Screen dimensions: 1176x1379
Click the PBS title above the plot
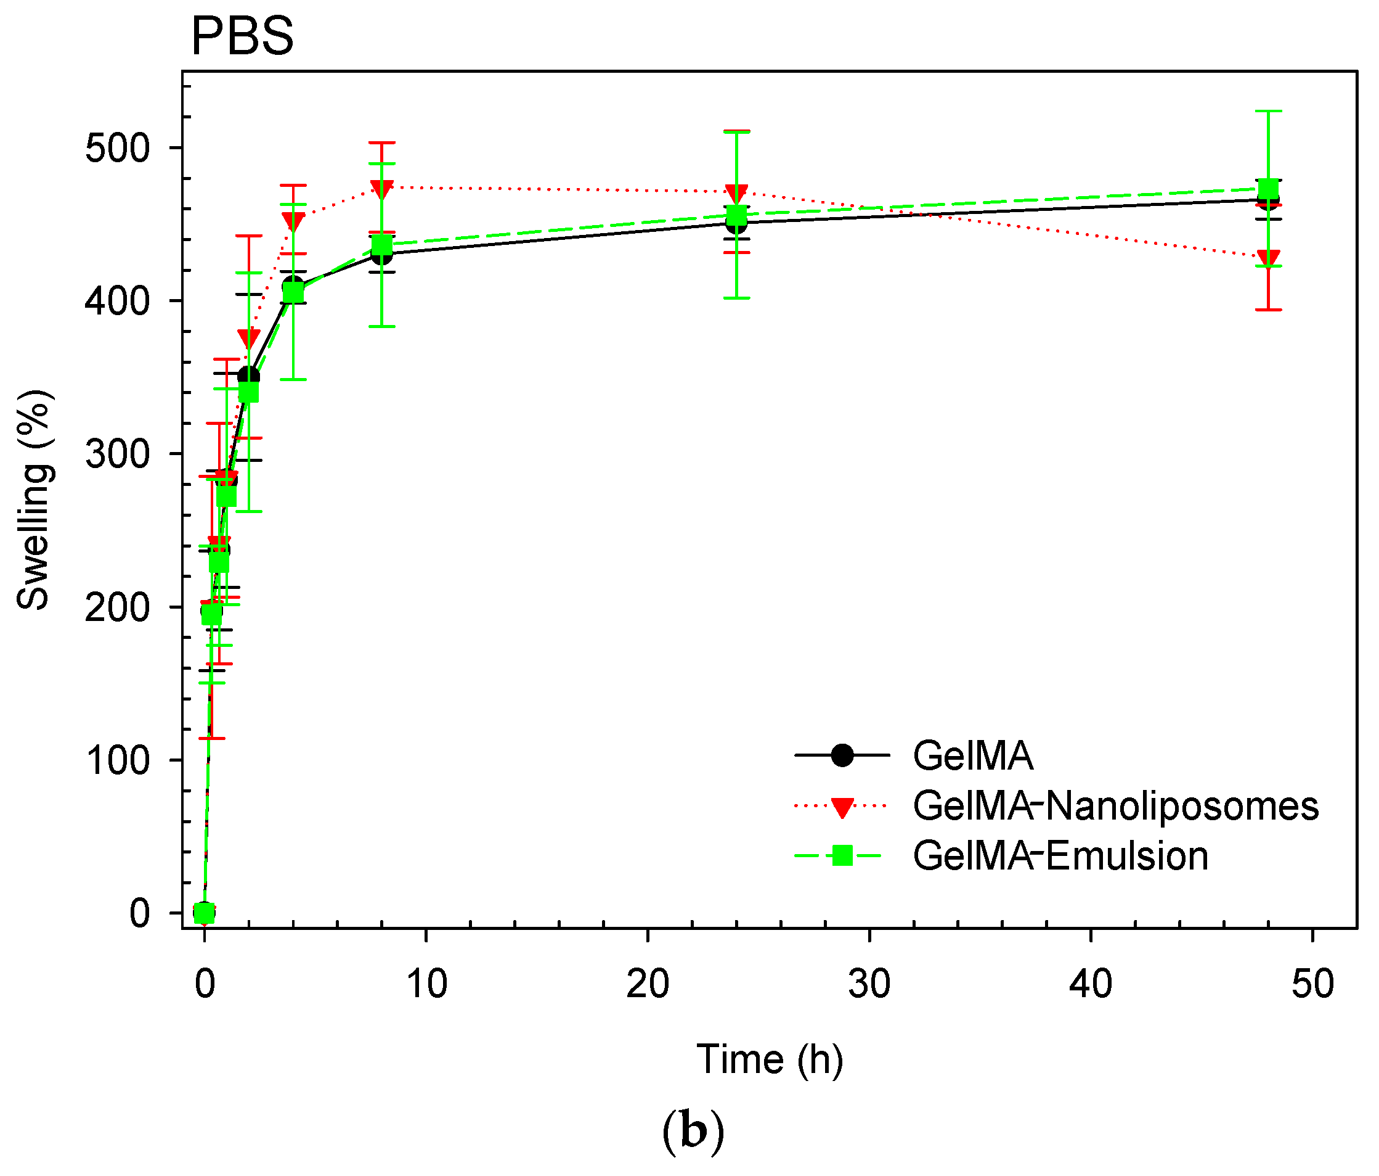pyautogui.click(x=242, y=36)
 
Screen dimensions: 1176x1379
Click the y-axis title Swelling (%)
pyautogui.click(x=33, y=500)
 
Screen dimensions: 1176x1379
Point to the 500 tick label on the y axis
pyautogui.click(x=117, y=148)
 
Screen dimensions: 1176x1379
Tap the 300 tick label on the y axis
pyautogui.click(x=117, y=454)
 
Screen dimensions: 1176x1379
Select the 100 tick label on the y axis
pyautogui.click(x=117, y=760)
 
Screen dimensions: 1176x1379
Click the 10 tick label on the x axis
pyautogui.click(x=426, y=984)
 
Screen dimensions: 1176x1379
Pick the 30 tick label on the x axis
pyautogui.click(x=869, y=984)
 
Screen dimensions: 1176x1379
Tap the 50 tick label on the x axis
pyautogui.click(x=1312, y=984)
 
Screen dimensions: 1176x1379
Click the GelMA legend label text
pyautogui.click(x=973, y=755)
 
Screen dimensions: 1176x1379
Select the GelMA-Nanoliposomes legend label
pyautogui.click(x=1115, y=806)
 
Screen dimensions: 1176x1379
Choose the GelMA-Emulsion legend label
pyautogui.click(x=1060, y=856)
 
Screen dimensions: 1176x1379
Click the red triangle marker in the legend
pyautogui.click(x=842, y=807)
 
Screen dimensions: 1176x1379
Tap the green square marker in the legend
pyautogui.click(x=842, y=856)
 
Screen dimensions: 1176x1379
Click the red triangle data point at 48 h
pyautogui.click(x=1268, y=258)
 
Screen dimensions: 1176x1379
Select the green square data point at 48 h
pyautogui.click(x=1268, y=189)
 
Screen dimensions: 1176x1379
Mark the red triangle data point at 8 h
pyautogui.click(x=381, y=189)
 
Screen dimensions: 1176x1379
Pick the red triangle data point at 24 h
pyautogui.click(x=736, y=194)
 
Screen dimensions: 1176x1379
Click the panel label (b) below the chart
pyautogui.click(x=693, y=1133)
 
